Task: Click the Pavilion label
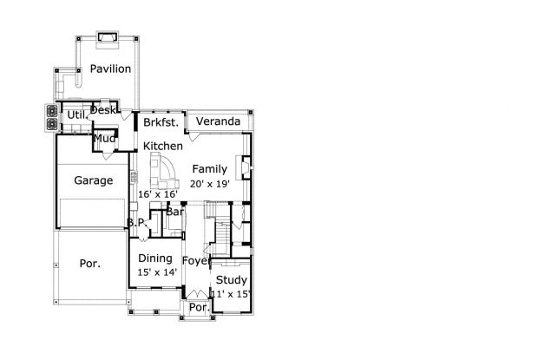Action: tap(110, 69)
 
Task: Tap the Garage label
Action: tap(93, 181)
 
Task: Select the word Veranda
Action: tap(217, 121)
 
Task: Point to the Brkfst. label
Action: tap(161, 122)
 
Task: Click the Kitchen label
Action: tap(163, 146)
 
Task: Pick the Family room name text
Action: tap(209, 169)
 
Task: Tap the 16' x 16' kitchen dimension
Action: tap(158, 194)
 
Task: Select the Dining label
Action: tap(155, 258)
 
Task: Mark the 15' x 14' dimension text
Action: tap(156, 272)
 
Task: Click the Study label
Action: tap(232, 279)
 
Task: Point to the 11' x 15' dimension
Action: tap(231, 294)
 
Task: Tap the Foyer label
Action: tap(197, 260)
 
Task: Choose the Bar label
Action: tap(174, 212)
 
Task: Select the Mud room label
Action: tap(105, 138)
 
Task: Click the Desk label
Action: tap(103, 110)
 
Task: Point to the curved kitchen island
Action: tap(162, 167)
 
